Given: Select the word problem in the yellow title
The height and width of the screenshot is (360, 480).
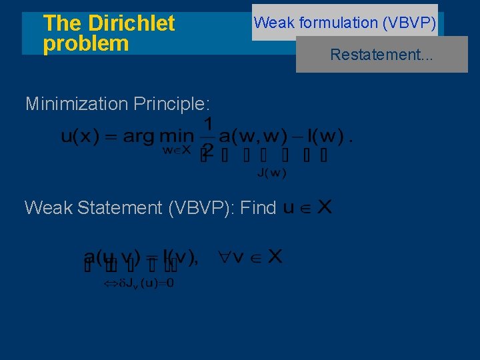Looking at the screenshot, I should pyautogui.click(x=85, y=44).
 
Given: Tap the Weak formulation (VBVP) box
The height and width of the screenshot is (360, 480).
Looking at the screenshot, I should pyautogui.click(x=345, y=23).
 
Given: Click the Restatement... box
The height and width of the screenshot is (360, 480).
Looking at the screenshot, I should pyautogui.click(x=381, y=55).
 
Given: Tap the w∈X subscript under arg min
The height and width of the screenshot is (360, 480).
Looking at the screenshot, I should pyautogui.click(x=177, y=151).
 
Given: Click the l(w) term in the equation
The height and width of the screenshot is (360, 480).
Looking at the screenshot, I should pyautogui.click(x=320, y=136).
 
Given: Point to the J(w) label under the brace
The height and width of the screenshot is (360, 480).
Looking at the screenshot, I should pyautogui.click(x=271, y=174).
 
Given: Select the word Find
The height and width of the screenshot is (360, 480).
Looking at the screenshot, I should pyautogui.click(x=257, y=208).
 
